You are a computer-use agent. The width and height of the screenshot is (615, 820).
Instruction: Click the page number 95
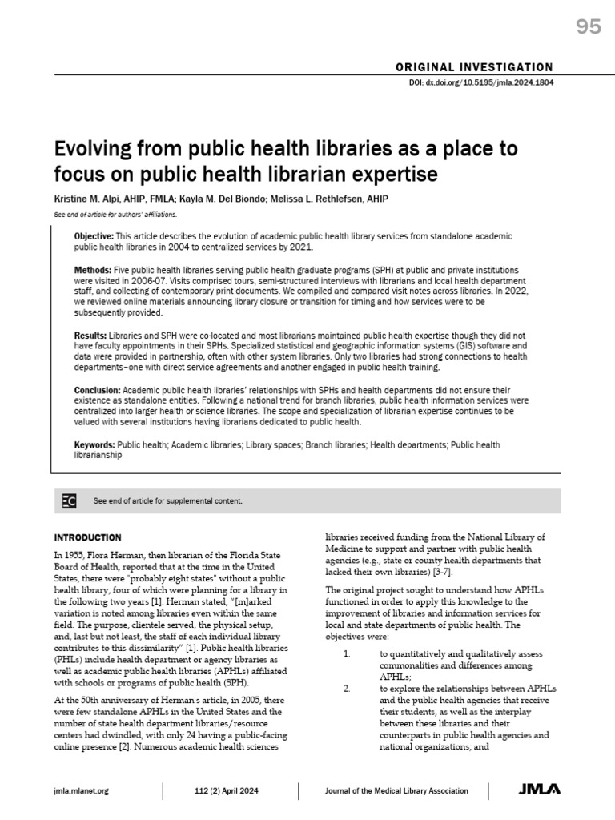(589, 28)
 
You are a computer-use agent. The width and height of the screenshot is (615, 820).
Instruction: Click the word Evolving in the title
(89, 150)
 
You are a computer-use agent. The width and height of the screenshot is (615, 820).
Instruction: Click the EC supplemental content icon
(70, 501)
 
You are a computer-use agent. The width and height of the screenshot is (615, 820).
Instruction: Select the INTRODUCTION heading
(87, 537)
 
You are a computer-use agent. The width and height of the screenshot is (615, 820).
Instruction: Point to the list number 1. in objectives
(347, 653)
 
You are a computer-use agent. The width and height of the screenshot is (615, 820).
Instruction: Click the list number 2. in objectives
(347, 689)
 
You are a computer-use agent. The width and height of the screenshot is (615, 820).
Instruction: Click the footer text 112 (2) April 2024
(231, 791)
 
